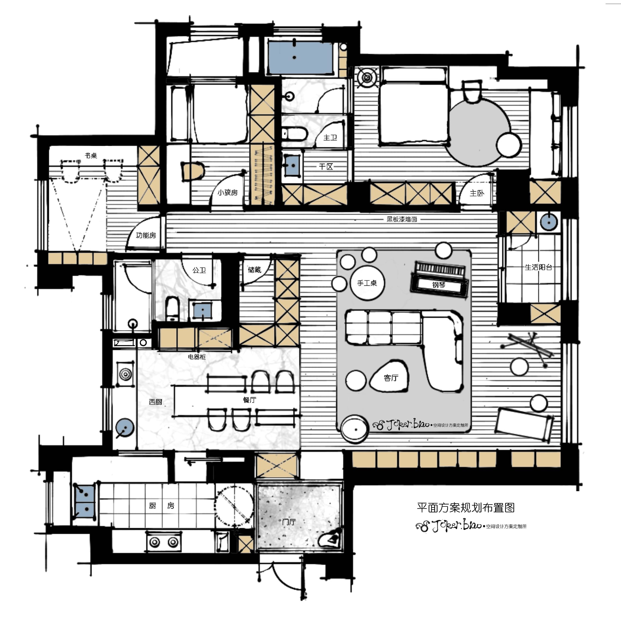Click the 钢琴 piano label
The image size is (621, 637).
click(439, 285)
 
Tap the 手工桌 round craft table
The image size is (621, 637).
click(367, 283)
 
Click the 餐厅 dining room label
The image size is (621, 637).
click(249, 400)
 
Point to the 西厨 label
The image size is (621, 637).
click(155, 402)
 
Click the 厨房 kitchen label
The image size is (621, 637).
click(161, 506)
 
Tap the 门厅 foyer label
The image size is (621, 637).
click(289, 522)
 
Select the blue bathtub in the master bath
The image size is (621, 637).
click(300, 58)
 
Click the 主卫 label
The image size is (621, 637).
click(330, 138)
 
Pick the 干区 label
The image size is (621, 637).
click(326, 167)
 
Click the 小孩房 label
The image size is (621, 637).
click(227, 192)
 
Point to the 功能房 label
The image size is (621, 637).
click(146, 235)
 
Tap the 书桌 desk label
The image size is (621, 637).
click(91, 156)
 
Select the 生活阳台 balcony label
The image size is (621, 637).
click(538, 267)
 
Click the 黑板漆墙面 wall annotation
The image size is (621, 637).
click(402, 219)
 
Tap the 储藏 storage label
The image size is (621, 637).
click(254, 270)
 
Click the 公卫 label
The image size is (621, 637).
click(199, 270)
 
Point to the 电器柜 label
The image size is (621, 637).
click(197, 357)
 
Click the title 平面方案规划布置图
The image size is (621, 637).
click(466, 508)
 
